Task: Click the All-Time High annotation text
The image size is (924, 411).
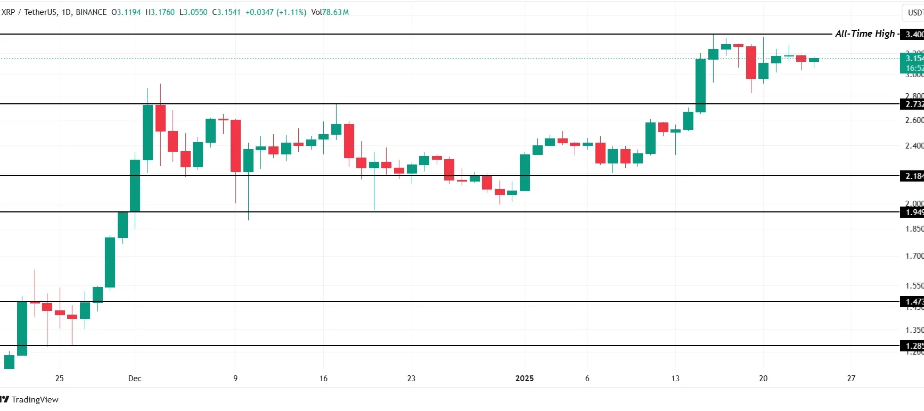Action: coord(864,34)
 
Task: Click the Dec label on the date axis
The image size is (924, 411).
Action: coord(135,378)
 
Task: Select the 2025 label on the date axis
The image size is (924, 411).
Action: coord(524,378)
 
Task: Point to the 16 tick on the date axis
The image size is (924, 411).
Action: coord(323,378)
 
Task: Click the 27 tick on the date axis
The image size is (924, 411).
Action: coord(851,378)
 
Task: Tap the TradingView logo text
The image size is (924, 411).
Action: coord(35,399)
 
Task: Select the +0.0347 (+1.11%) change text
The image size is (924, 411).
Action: coord(275,12)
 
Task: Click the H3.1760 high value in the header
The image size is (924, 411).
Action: coord(160,12)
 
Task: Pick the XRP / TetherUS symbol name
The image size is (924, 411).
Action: coord(29,12)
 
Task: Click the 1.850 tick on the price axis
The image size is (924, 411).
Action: coord(914,229)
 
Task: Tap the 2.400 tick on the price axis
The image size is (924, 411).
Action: coord(914,145)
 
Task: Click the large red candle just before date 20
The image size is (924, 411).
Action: coord(751,62)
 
